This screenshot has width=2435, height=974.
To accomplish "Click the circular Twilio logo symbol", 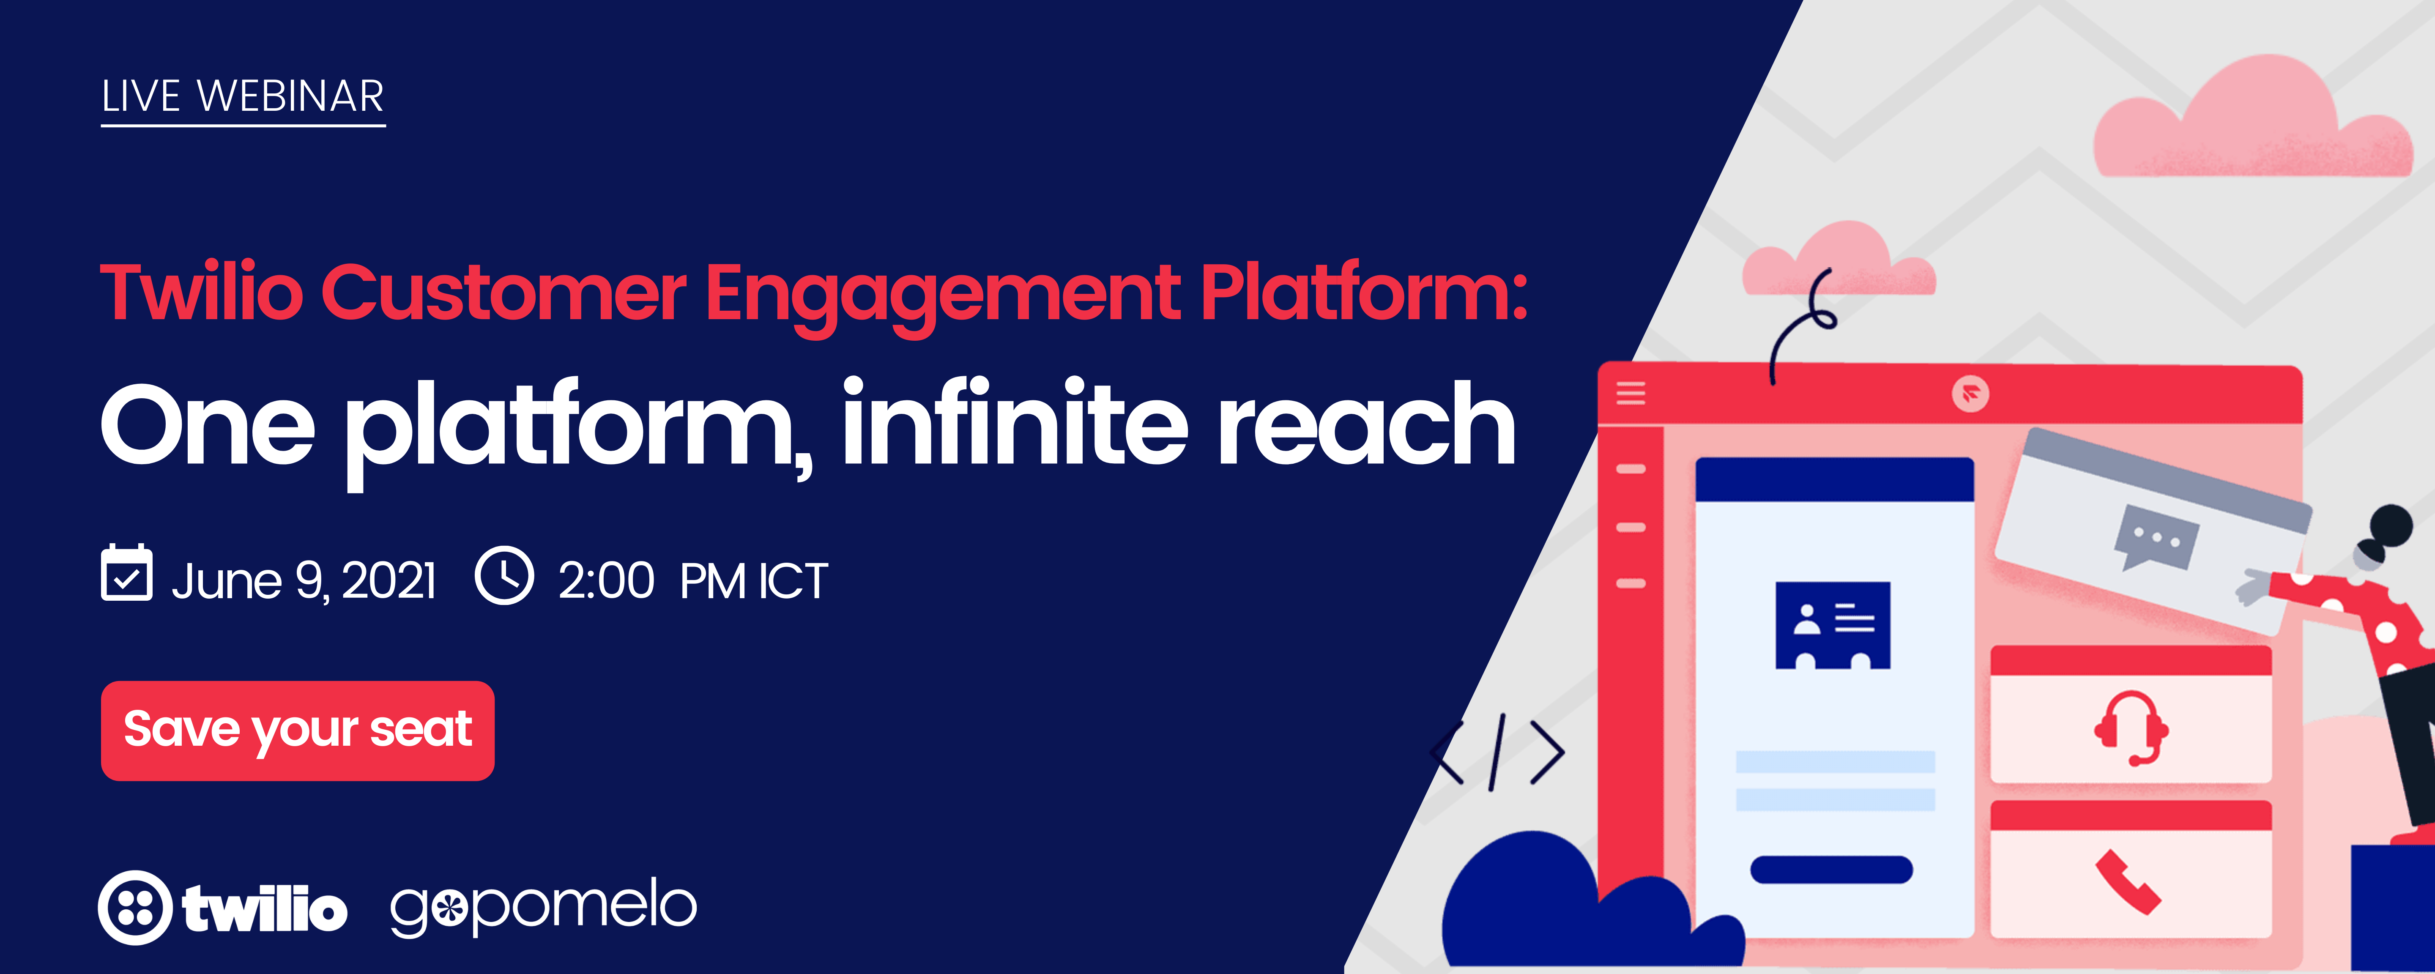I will pos(135,908).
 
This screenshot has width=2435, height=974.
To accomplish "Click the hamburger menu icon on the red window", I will pos(1631,392).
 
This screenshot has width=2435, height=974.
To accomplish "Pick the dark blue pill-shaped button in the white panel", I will pos(1831,869).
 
